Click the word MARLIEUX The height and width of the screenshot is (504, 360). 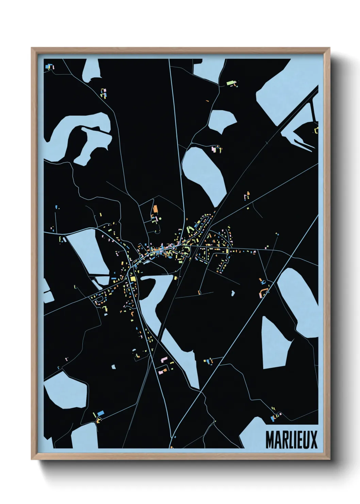pos(291,440)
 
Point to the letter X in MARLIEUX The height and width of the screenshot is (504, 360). pos(314,440)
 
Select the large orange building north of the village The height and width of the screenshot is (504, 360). pos(156,209)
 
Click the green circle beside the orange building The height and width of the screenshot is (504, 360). pos(160,218)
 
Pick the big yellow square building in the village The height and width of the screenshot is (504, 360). pos(132,280)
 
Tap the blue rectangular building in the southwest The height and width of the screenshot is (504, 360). pos(100,413)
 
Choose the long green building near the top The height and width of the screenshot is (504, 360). pos(230,82)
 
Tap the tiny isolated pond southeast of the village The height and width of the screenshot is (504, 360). pos(233,293)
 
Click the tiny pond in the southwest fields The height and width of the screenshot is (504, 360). pos(113,367)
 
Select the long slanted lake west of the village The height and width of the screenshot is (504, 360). pos(85,252)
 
